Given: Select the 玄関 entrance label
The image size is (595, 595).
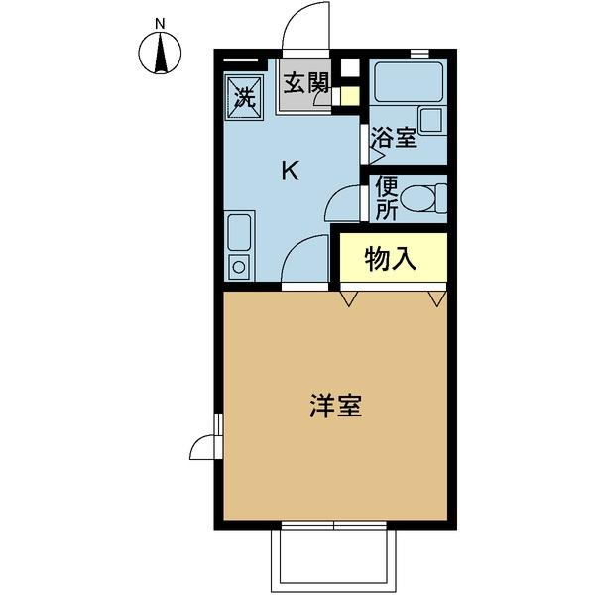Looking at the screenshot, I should (x=305, y=83).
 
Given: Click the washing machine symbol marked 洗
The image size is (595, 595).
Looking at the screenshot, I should (x=244, y=96).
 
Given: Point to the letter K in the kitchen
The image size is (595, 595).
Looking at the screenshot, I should (x=290, y=172).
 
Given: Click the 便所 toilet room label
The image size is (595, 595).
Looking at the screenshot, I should (x=386, y=198).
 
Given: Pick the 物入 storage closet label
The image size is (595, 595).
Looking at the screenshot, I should (x=391, y=259).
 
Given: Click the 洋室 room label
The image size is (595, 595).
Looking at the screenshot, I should (x=334, y=406).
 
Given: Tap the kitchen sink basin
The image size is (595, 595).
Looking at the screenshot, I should (x=240, y=235).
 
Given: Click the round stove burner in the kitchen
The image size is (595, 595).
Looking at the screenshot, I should (x=239, y=266).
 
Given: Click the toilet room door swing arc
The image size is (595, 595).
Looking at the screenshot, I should (x=343, y=203).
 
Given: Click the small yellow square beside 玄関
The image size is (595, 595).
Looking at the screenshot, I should (x=349, y=96).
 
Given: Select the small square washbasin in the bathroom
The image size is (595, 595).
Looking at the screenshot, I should (x=432, y=120).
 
